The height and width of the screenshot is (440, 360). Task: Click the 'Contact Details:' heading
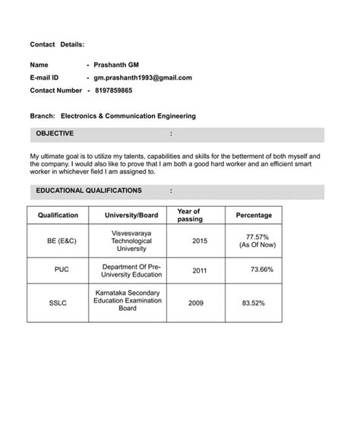[57, 46]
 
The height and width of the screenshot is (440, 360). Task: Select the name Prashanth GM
[115, 65]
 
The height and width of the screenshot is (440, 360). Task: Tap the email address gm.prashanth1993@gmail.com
[142, 78]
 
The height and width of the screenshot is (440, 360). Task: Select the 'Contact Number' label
[55, 90]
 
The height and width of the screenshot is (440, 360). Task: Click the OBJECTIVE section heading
[55, 134]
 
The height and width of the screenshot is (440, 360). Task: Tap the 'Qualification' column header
[58, 216]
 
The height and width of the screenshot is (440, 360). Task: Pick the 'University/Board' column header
[131, 216]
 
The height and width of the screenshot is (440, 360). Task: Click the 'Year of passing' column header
[188, 216]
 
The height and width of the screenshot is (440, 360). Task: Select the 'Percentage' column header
[254, 216]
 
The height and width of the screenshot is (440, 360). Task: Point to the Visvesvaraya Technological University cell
[131, 240]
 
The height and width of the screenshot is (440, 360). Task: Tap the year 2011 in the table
[199, 270]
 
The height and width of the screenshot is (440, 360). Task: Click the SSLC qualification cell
[58, 302]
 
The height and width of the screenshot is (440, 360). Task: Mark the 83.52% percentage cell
[253, 302]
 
